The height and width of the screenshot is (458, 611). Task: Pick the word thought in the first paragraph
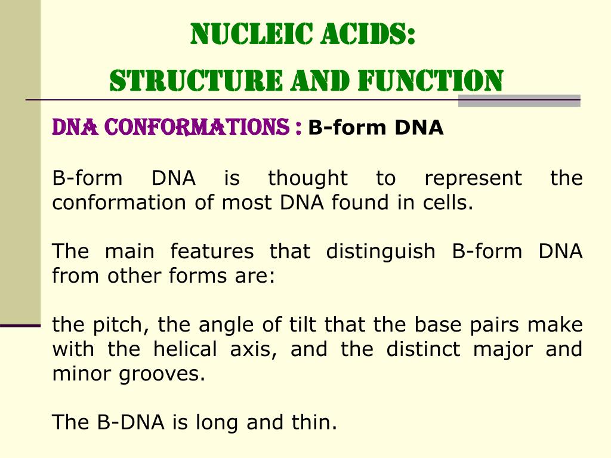(307, 178)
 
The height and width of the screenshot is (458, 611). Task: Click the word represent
(473, 178)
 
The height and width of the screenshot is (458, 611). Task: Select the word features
(212, 251)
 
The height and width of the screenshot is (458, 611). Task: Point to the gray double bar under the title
(519, 101)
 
